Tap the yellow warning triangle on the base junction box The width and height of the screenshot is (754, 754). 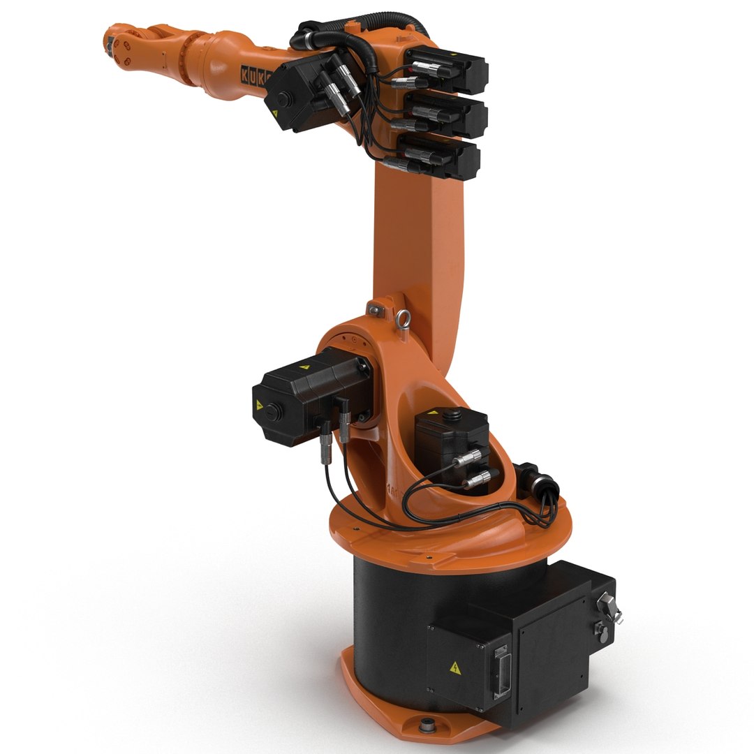tap(455, 667)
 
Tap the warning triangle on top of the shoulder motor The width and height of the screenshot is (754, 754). tap(304, 365)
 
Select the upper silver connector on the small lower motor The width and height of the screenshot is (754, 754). tap(469, 457)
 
